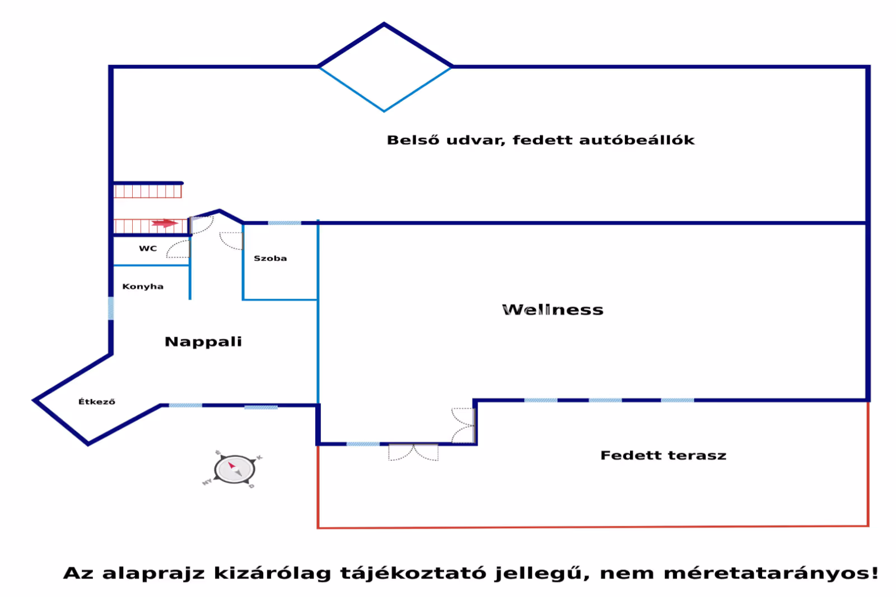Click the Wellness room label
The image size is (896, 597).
point(553,310)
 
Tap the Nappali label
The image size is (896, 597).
point(203,342)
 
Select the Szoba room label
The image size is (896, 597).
point(270,258)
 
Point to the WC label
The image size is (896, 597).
point(148,248)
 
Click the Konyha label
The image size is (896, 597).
point(143,286)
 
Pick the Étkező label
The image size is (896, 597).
point(97,402)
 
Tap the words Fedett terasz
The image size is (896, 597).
point(663,455)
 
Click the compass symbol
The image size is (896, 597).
point(235,469)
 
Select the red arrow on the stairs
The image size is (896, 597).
point(165,223)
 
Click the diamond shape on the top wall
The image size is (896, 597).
point(385,67)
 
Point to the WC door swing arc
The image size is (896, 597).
point(178,249)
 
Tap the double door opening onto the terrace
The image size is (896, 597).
point(413,452)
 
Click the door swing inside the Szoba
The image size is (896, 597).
point(231,240)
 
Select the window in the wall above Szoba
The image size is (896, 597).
point(284,223)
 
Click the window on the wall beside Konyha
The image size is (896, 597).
point(111,309)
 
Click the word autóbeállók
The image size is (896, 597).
point(637,140)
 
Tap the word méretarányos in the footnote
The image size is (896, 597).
point(771,573)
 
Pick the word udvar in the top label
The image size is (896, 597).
point(475,140)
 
